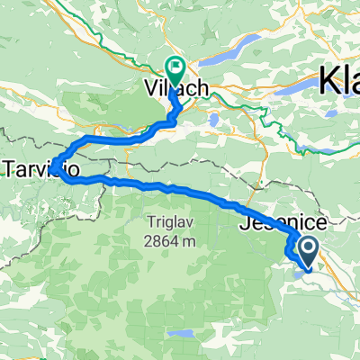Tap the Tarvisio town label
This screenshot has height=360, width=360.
pyautogui.click(x=37, y=167)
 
